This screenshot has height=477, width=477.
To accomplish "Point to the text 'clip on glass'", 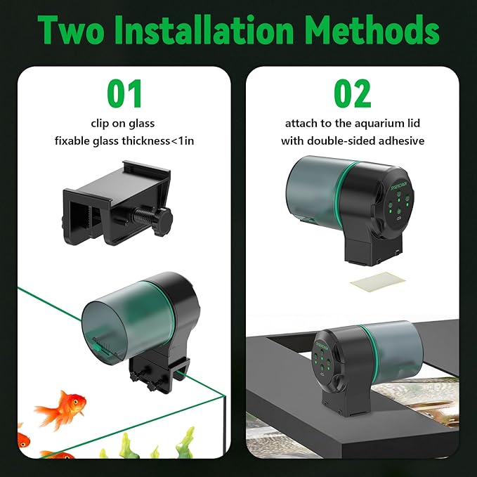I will (124, 123).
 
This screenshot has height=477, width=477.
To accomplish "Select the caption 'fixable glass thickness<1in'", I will (124, 141).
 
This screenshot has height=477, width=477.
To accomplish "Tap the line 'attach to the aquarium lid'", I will (353, 123).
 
